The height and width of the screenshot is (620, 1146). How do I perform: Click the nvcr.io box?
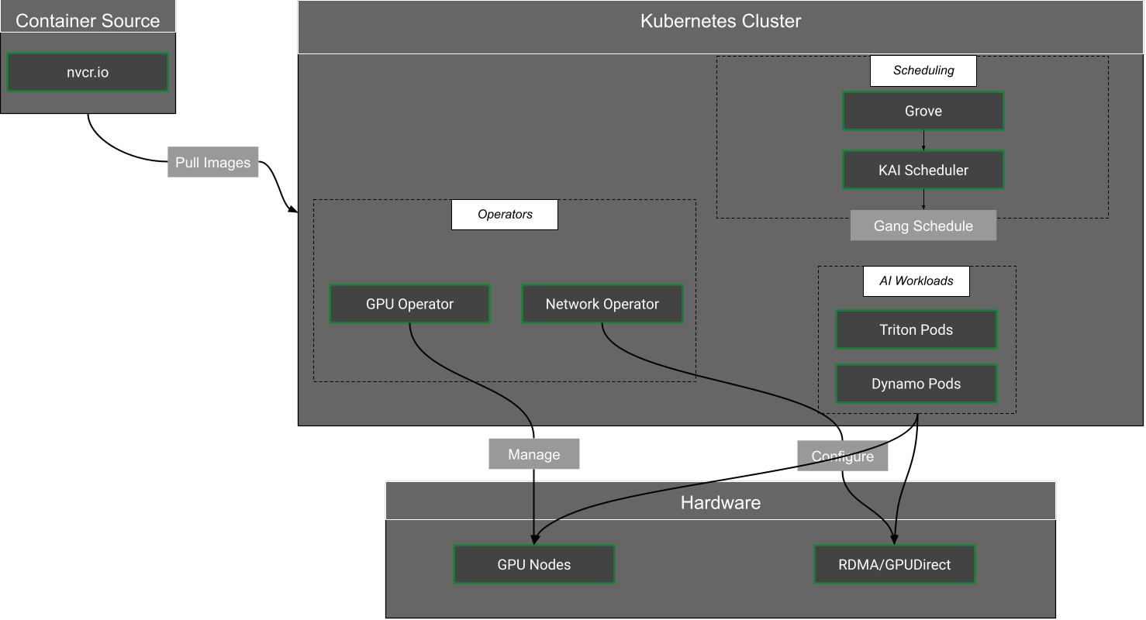click(88, 73)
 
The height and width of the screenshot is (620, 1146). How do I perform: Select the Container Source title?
click(88, 21)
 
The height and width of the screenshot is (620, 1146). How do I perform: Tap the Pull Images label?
click(213, 163)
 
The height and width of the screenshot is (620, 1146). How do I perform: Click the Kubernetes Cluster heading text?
click(720, 21)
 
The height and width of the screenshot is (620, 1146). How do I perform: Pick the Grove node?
click(923, 111)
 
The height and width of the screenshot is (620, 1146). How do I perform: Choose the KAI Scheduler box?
click(923, 170)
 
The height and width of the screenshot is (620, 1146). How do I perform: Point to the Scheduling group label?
click(923, 71)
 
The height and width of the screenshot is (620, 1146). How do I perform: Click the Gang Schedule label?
click(923, 226)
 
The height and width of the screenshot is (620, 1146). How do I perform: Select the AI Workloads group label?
click(916, 281)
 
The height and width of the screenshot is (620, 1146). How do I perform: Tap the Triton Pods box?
click(916, 330)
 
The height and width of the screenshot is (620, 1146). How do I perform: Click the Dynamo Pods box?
click(916, 384)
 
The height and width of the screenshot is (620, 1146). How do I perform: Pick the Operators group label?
click(505, 215)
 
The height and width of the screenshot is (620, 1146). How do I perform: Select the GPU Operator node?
click(409, 305)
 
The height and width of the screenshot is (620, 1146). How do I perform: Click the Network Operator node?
click(602, 305)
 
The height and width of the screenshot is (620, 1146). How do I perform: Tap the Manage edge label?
click(533, 454)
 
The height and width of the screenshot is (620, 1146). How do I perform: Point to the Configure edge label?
click(842, 456)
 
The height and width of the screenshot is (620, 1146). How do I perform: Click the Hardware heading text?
click(720, 502)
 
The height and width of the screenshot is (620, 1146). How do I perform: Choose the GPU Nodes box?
click(533, 565)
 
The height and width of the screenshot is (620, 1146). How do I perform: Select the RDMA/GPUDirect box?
click(894, 565)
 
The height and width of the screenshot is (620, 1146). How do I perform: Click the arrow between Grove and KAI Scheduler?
click(923, 140)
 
